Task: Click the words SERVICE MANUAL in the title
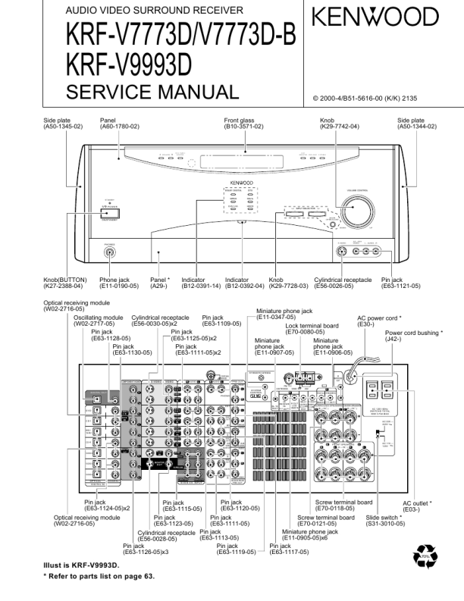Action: pyautogui.click(x=152, y=92)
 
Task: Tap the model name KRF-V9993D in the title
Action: pyautogui.click(x=129, y=66)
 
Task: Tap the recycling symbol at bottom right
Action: pyautogui.click(x=425, y=559)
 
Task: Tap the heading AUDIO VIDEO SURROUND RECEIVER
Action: pyautogui.click(x=155, y=11)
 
